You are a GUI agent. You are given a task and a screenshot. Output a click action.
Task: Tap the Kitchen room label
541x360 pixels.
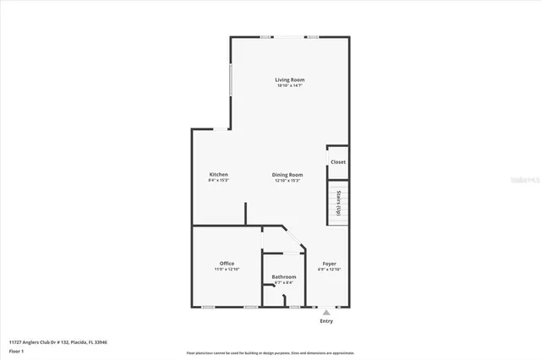(x=218, y=175)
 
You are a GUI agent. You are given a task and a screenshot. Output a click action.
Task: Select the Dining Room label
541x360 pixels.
(x=288, y=175)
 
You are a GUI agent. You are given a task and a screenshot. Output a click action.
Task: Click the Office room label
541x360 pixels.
(x=227, y=264)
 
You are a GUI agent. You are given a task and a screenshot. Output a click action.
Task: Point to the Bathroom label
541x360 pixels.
(x=284, y=277)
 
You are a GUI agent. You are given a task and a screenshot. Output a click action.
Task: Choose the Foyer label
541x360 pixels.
(x=330, y=264)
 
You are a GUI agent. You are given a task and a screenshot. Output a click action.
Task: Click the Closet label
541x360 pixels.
(x=338, y=162)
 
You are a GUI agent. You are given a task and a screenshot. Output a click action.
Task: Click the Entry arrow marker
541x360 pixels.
(x=326, y=312)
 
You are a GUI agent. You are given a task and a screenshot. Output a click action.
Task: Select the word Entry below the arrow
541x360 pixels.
(x=326, y=321)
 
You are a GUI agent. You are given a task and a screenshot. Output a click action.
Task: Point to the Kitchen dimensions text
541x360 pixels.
(x=218, y=181)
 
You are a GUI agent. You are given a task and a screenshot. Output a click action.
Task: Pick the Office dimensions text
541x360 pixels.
(x=227, y=270)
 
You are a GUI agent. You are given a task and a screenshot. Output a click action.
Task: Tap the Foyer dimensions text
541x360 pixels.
(x=330, y=270)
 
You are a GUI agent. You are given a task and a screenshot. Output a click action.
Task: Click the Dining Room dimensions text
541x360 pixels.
(x=288, y=181)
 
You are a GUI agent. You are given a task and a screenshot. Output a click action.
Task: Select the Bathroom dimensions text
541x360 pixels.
(x=284, y=283)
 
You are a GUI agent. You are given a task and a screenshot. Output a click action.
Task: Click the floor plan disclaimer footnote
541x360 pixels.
(x=270, y=352)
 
